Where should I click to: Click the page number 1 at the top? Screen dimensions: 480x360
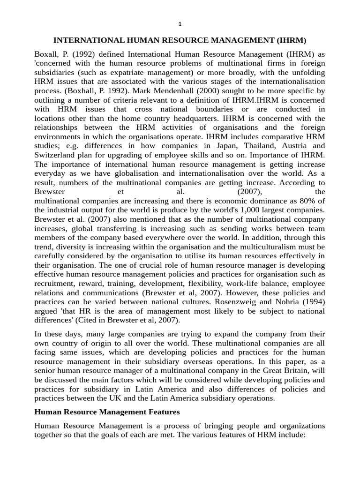click(x=180, y=24)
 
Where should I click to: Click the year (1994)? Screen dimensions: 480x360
click(x=315, y=301)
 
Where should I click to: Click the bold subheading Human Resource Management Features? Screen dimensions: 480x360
click(x=107, y=412)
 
